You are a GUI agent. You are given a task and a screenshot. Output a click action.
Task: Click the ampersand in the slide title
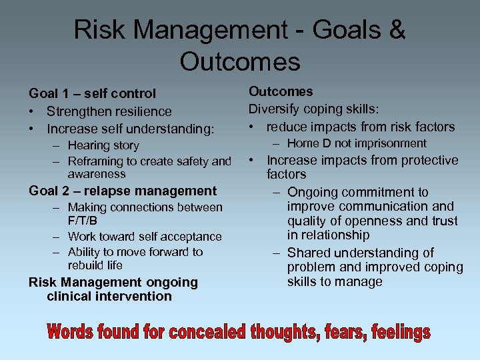(x=395, y=30)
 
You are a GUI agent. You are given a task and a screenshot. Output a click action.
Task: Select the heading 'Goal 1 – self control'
(x=92, y=93)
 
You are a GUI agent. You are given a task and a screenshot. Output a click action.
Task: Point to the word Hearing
(x=90, y=145)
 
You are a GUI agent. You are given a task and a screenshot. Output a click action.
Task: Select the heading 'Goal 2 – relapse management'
(x=123, y=191)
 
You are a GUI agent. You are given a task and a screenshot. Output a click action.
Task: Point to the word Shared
(x=310, y=253)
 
